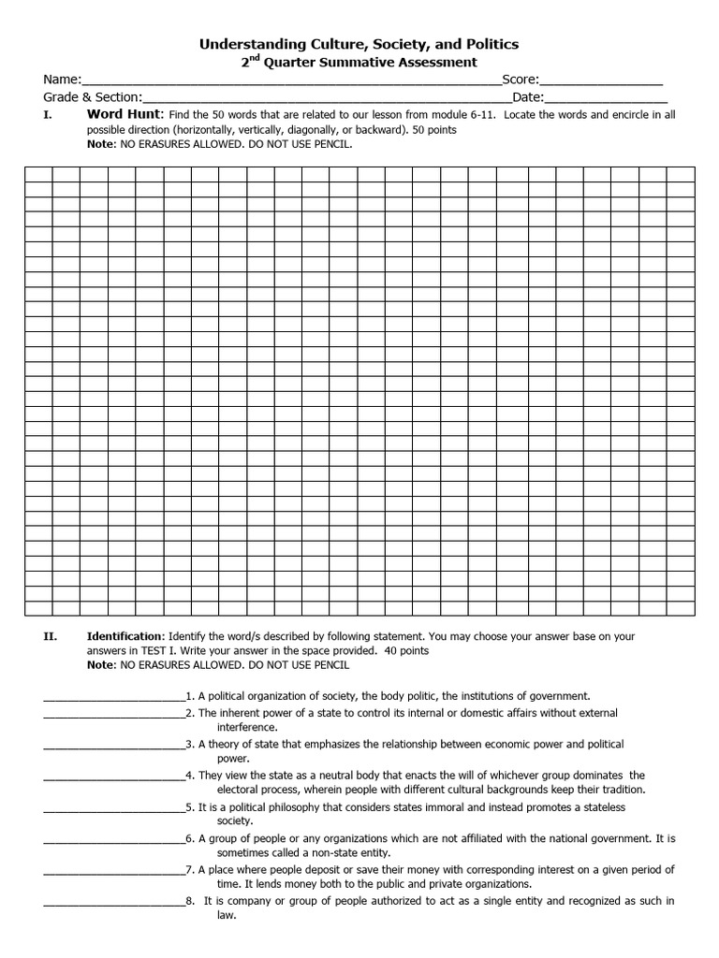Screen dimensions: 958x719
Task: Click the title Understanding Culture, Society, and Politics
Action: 359,44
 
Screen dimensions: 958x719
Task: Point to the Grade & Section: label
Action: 93,97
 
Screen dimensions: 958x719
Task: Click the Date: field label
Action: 527,97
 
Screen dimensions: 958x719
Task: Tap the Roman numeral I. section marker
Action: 47,115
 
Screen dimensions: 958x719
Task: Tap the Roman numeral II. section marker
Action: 51,636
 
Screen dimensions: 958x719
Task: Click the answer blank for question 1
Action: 113,697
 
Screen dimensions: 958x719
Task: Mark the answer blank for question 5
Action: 113,807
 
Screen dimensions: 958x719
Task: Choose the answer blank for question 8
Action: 113,902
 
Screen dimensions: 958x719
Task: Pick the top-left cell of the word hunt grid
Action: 37,173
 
